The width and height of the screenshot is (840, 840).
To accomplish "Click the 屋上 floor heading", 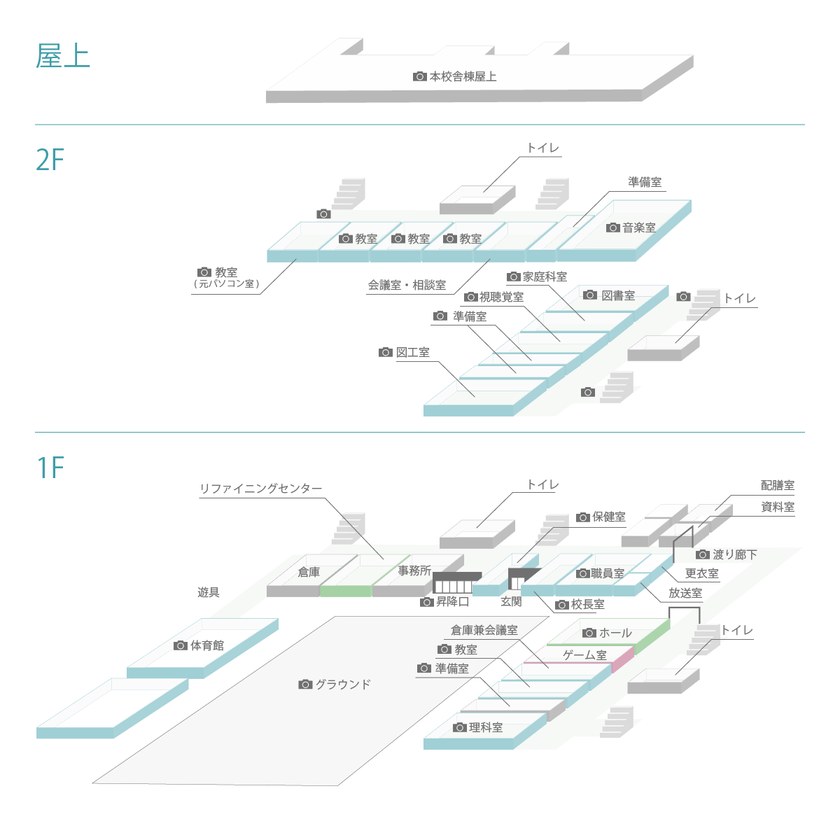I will [63, 56].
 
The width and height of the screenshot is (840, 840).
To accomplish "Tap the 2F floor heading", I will [50, 160].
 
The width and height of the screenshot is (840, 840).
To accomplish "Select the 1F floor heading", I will [50, 468].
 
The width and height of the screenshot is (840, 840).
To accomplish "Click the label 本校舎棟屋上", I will [463, 76].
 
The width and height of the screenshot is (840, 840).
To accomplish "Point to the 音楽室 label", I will [639, 227].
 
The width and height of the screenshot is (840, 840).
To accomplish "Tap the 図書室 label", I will [618, 295].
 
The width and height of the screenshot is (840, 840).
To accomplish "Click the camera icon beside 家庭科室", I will [513, 277].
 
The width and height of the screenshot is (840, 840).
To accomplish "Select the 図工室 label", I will [413, 352].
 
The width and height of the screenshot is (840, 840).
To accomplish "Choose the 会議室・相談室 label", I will [407, 285].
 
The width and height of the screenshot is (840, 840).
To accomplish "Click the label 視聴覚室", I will [501, 297].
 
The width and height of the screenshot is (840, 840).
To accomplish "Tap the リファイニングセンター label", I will [261, 489].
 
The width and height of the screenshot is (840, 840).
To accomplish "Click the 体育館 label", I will [207, 645].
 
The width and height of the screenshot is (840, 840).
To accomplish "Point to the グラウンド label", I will [343, 684].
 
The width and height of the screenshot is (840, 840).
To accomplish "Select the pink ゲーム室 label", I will [584, 655].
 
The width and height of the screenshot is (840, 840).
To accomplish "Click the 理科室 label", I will [486, 727].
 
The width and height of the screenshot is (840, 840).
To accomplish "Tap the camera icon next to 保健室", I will [582, 517].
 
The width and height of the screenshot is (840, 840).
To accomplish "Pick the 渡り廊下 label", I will [735, 554].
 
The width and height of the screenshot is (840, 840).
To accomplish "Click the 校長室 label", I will [588, 604].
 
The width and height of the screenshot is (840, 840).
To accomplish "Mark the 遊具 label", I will [208, 592].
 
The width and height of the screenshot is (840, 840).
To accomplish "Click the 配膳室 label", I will [778, 485].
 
